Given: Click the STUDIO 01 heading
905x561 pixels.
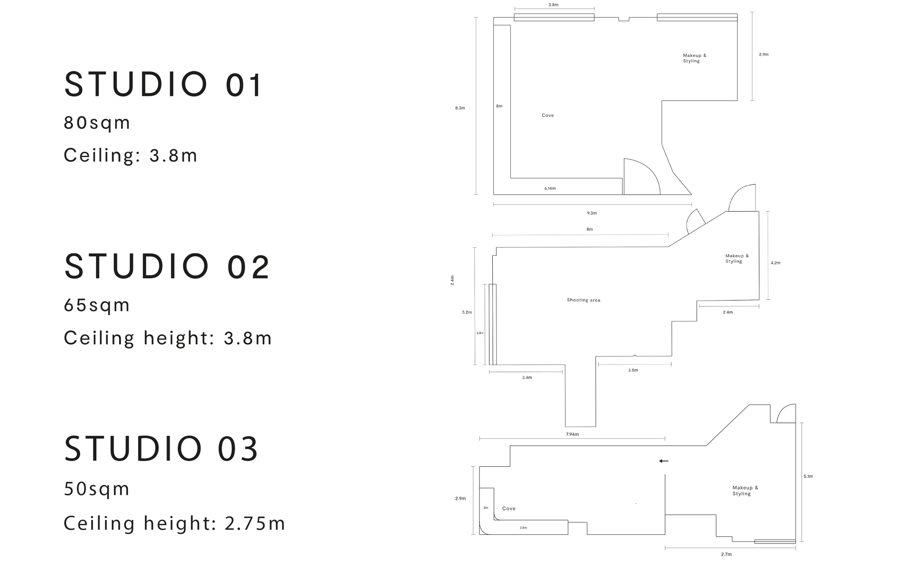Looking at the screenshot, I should coord(164,84).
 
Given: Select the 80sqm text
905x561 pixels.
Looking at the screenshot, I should coord(97,123).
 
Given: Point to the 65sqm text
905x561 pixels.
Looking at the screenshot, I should coord(97,306).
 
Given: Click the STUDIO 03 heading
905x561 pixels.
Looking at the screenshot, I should coord(161,449).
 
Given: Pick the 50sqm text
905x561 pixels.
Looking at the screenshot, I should coord(97,489).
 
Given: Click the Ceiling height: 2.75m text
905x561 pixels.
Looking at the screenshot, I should coord(174,523).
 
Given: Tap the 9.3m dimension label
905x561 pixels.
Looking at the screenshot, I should coord(592,213).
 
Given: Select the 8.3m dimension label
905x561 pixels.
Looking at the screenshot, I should coord(460,108).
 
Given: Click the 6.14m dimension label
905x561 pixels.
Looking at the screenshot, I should coord(550,189).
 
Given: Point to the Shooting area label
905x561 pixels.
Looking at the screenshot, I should coord(584,300).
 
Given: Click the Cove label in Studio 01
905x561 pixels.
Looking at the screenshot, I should coord(548,115).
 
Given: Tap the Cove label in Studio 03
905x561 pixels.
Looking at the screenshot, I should coord(509,509).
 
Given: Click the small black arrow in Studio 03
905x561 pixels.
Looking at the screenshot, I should coord(663,461).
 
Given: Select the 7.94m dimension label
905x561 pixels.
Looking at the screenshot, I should coord(572,434).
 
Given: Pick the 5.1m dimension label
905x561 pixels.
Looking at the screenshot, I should coord(808,477).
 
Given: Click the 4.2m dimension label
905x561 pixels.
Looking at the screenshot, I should coord(775,263).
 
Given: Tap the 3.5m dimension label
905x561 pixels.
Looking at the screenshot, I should coord(633,371).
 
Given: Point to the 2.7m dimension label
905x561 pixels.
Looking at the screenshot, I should coord(726,555).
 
